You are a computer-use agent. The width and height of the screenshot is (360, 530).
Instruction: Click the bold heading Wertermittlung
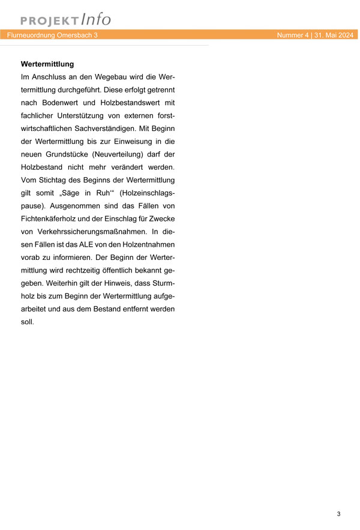pyautogui.click(x=47, y=64)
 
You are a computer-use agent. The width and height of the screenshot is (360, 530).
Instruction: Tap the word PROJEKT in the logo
pyautogui.click(x=50, y=21)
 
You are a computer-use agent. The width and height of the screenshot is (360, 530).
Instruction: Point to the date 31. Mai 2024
pyautogui.click(x=334, y=35)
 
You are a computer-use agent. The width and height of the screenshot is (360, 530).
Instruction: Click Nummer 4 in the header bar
pyautogui.click(x=292, y=35)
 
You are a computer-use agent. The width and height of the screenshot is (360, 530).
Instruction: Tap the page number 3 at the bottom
pyautogui.click(x=338, y=514)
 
